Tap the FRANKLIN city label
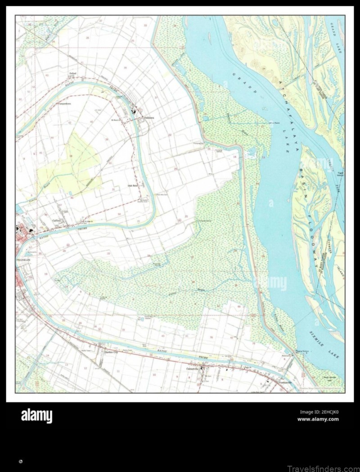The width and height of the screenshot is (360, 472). [23, 260]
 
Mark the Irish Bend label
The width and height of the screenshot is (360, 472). [132, 185]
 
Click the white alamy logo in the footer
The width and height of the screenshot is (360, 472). [36, 416]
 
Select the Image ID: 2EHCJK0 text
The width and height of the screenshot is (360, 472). [319, 412]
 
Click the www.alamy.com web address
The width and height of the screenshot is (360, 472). [318, 419]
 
